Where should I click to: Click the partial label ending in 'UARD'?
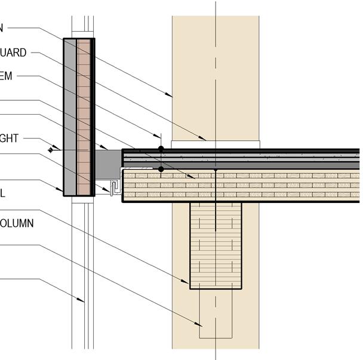13,53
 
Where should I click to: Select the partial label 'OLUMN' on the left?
17,224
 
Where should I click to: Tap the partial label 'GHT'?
10,139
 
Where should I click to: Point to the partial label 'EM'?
7,76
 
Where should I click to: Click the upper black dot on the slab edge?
161,148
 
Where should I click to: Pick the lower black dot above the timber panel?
161,170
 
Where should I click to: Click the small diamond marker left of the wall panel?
51,150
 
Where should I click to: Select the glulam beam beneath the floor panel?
216,245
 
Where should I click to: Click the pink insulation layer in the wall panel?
84,116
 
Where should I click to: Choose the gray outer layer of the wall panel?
70,116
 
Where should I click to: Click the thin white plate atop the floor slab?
216,144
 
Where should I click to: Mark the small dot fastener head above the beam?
216,171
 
